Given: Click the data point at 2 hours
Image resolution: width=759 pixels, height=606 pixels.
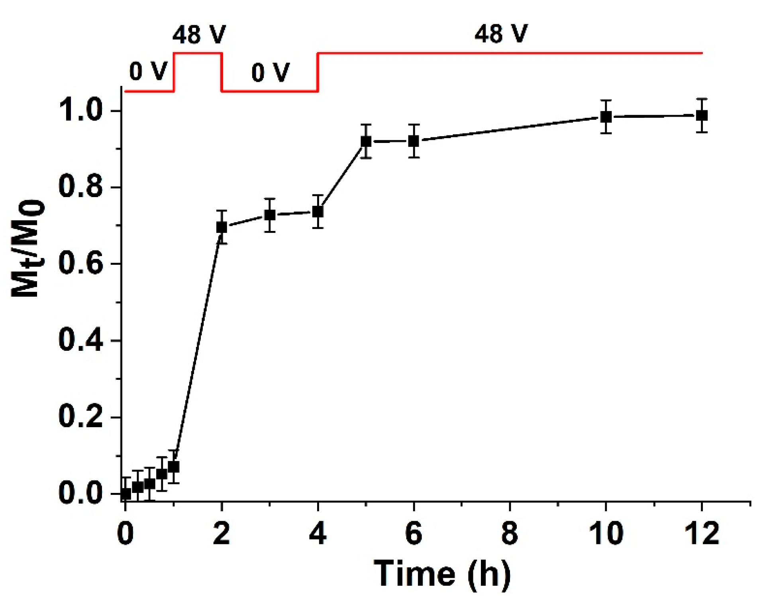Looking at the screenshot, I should coord(222,227).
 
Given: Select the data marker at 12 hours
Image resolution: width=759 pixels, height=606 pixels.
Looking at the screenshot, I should coord(702,115).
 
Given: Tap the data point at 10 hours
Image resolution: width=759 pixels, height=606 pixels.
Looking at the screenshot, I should coord(606,117).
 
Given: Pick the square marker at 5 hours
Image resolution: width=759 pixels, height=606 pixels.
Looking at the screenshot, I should coord(366,141).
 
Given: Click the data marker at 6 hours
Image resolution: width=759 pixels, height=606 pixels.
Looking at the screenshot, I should coord(414,141).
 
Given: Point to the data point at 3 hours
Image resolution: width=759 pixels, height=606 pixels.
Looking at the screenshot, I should coord(270,215).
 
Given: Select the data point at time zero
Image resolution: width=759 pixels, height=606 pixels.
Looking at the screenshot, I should coord(126,494).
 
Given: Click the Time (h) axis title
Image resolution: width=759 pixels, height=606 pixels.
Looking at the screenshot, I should coord(442,574).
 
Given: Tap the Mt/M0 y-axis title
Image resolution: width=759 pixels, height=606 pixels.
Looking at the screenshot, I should coord(28,249).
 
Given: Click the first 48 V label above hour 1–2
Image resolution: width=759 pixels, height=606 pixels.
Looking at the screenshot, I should coord(199,34).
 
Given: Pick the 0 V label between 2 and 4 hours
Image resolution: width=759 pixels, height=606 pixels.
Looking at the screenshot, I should coord(270,73).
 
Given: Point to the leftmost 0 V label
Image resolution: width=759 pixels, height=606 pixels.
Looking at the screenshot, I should coord(148,72).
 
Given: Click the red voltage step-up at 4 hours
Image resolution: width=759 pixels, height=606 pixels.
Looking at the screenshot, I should coord(318,72).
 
